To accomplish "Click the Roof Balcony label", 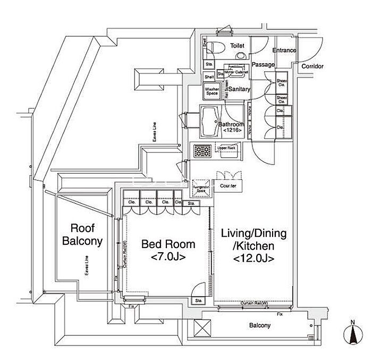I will [82, 235].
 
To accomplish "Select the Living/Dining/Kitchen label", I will [253, 246].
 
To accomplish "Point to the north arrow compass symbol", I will [353, 333].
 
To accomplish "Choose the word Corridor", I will [312, 66].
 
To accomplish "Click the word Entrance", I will [284, 50].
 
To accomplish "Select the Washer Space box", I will [212, 91].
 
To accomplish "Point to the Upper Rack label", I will [229, 148].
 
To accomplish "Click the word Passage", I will [263, 65].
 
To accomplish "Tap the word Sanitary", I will [239, 90].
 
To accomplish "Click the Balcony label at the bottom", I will [261, 325].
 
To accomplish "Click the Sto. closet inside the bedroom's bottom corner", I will [198, 301].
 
